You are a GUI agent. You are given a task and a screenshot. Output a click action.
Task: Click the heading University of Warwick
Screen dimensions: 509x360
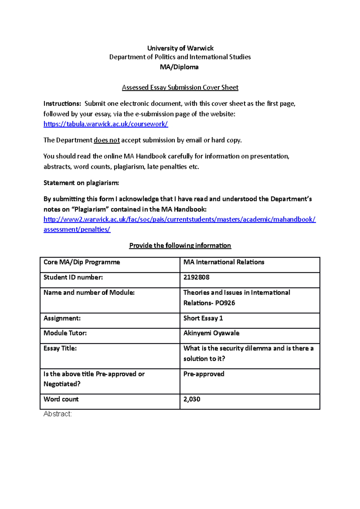[x=180, y=48]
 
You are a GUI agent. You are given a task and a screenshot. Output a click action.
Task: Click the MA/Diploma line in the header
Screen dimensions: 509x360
[x=179, y=67]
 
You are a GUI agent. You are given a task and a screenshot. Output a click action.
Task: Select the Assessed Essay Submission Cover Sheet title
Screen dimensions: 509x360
[x=180, y=88]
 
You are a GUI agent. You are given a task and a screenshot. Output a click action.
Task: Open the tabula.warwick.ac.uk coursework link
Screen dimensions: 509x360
[x=106, y=124]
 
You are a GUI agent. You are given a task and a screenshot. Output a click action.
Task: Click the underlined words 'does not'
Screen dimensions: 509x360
[x=106, y=140]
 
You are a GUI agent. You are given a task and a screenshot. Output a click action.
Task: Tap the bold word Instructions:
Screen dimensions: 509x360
[x=62, y=104]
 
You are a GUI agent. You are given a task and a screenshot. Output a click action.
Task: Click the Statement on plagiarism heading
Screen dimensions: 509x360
[x=81, y=183]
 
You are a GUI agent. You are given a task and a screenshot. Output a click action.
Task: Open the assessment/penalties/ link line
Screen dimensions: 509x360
[x=77, y=230]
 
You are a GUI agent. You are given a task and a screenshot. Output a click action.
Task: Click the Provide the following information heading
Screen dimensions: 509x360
[x=180, y=246]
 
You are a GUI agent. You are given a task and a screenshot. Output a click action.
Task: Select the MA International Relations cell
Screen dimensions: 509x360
[x=224, y=262]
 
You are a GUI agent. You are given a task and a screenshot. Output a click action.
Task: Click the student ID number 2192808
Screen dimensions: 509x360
[x=196, y=277]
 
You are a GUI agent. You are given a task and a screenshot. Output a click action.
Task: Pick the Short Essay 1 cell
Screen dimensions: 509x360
[x=203, y=318]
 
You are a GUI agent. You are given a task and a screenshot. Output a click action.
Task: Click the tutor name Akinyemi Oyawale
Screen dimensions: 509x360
[x=211, y=333]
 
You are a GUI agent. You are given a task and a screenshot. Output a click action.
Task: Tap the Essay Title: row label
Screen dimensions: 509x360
[x=60, y=348]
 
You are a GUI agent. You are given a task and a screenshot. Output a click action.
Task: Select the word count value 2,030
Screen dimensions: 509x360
[x=192, y=399]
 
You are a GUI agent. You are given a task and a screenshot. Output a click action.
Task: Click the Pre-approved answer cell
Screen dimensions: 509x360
[x=204, y=374]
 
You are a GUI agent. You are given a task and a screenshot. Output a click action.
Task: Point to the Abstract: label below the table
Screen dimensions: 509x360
[x=58, y=414]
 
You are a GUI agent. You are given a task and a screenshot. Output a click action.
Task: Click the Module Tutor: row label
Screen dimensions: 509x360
[x=65, y=333]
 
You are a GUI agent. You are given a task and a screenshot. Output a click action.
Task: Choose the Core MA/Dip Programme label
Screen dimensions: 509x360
[x=82, y=262]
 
